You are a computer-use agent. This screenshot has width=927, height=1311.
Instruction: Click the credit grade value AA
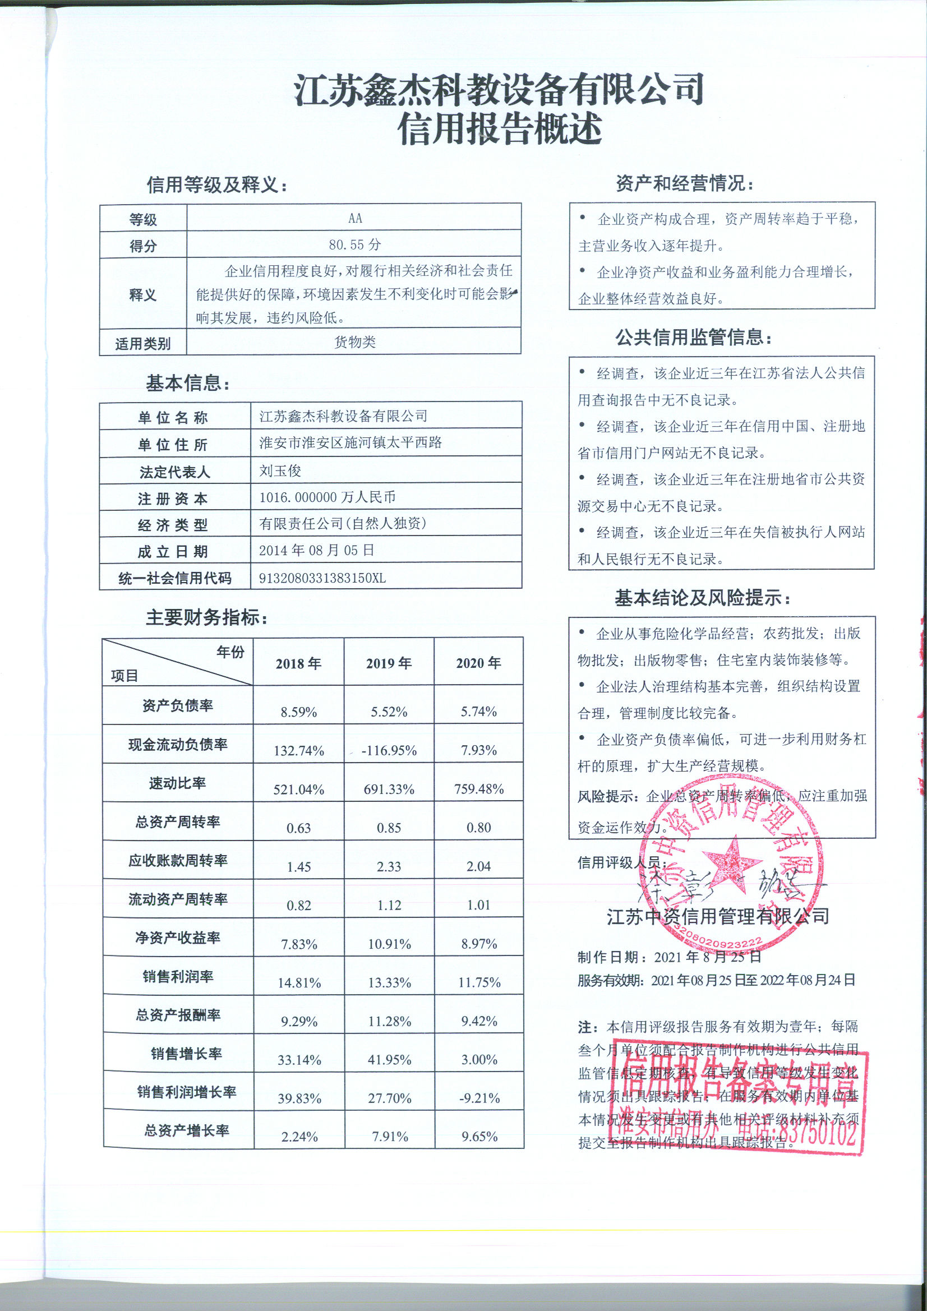(354, 218)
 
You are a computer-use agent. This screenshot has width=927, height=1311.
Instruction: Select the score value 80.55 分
(354, 245)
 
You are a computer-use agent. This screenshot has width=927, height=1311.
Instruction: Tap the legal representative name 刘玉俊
(280, 470)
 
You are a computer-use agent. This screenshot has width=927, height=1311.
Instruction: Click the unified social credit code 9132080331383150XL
(322, 578)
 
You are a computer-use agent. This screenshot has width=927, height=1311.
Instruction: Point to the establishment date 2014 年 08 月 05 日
(316, 551)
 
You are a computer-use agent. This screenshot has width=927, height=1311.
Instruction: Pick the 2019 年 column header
(389, 663)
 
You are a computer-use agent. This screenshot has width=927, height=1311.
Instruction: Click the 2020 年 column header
(478, 663)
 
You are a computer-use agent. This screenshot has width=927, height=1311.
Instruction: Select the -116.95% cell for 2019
(389, 750)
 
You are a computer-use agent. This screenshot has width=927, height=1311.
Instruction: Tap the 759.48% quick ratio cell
(478, 789)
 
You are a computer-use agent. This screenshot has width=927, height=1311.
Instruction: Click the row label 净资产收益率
(178, 938)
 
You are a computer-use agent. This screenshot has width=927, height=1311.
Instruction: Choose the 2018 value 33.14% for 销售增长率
(299, 1060)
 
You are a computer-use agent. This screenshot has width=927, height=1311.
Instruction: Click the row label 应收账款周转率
(178, 861)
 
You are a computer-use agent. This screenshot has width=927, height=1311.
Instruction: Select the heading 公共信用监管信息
(693, 338)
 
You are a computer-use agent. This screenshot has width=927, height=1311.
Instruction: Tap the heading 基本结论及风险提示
(703, 598)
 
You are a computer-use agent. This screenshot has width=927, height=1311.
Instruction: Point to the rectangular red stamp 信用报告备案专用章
(742, 1101)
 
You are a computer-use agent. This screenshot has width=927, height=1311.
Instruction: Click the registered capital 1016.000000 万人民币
(328, 497)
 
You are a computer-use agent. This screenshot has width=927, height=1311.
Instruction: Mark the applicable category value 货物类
(354, 342)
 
